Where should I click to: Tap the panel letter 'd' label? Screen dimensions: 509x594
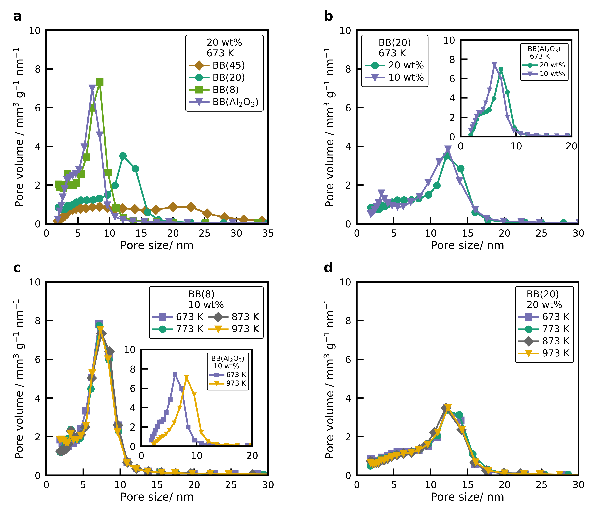[328, 268]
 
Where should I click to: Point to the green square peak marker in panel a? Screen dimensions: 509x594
[99, 82]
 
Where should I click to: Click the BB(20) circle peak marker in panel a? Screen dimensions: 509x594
[123, 156]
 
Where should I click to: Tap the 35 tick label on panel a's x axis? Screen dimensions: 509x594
[268, 233]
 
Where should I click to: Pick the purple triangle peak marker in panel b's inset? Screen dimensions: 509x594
[494, 65]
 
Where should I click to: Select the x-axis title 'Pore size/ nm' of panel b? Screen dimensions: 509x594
[467, 245]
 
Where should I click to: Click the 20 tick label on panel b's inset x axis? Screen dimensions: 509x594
[571, 146]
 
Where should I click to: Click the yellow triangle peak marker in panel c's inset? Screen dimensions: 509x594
[187, 377]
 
